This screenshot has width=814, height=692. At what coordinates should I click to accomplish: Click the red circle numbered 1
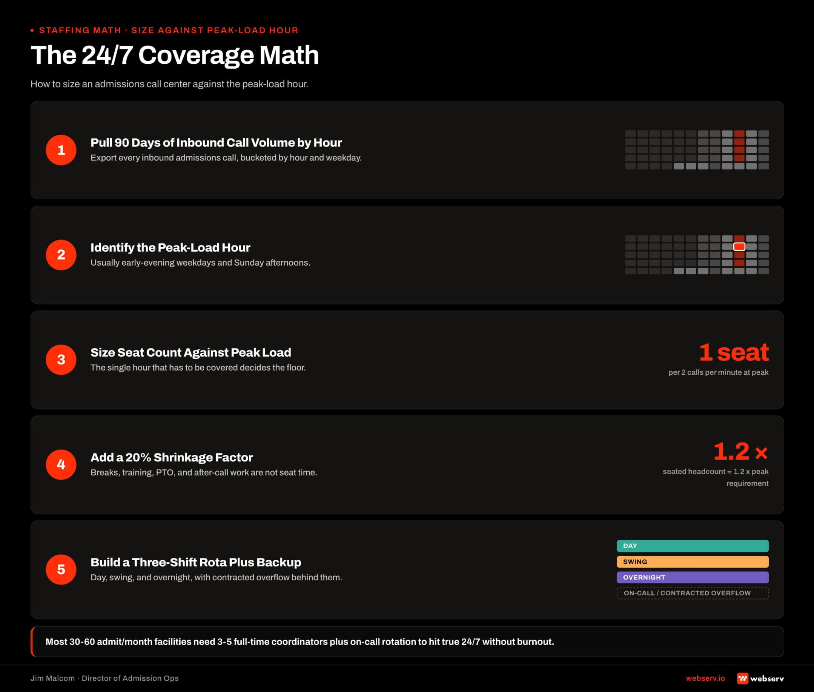tap(61, 150)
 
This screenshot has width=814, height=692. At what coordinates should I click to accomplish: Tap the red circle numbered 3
tap(61, 360)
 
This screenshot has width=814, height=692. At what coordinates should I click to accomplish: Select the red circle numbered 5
tap(61, 569)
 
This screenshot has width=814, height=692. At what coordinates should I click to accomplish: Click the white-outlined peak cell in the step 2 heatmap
tap(739, 247)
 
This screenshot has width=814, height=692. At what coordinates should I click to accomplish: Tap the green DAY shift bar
tap(693, 546)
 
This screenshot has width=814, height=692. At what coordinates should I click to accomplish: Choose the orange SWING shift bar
tap(693, 561)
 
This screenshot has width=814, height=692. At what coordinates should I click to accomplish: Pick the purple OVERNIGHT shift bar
tap(693, 577)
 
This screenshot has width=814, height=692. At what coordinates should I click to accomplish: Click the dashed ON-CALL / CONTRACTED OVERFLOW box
tap(693, 593)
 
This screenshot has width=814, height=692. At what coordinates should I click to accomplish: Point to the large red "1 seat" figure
tap(734, 352)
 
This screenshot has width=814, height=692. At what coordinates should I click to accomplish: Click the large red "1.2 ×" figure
tap(740, 452)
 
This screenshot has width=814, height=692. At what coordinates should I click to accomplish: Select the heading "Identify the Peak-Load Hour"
tap(170, 248)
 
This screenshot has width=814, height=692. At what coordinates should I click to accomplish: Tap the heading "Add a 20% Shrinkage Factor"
tap(172, 457)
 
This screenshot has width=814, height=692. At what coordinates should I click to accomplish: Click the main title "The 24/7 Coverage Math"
tap(175, 55)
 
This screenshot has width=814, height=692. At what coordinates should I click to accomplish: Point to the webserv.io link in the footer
tap(705, 678)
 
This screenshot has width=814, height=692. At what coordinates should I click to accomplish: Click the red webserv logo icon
tap(743, 678)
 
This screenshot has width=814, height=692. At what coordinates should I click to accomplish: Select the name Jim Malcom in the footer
tap(52, 678)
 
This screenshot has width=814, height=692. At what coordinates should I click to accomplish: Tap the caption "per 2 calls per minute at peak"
tap(718, 372)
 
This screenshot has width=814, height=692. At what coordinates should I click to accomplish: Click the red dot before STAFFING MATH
tap(32, 30)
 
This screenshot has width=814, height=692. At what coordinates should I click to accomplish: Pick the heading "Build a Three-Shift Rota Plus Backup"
tap(196, 562)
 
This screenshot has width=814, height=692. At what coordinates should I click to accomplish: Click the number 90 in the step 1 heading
tap(121, 142)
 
